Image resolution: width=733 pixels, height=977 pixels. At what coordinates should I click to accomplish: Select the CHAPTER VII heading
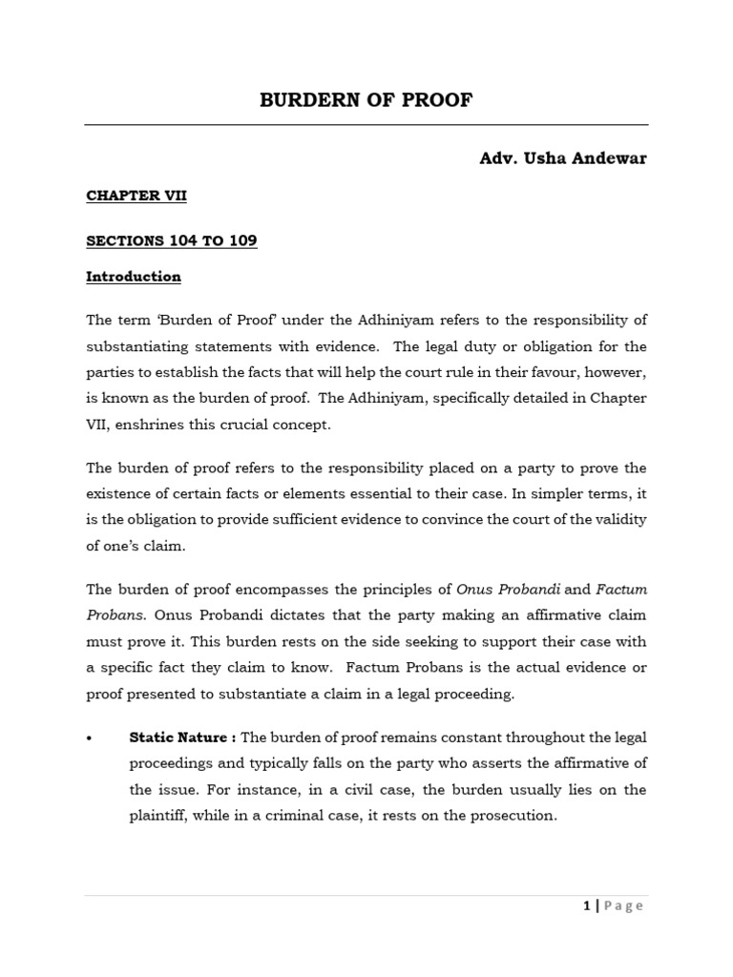click(x=136, y=196)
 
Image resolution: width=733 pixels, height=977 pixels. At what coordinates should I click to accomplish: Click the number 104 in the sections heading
click(x=179, y=241)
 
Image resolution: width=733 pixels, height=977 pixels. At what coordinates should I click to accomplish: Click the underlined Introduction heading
click(x=134, y=277)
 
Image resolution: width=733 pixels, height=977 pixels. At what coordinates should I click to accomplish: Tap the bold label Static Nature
click(x=178, y=738)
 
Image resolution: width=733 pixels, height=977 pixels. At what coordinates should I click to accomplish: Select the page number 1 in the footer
click(x=587, y=906)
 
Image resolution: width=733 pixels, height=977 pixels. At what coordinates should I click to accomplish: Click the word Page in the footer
click(x=622, y=906)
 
